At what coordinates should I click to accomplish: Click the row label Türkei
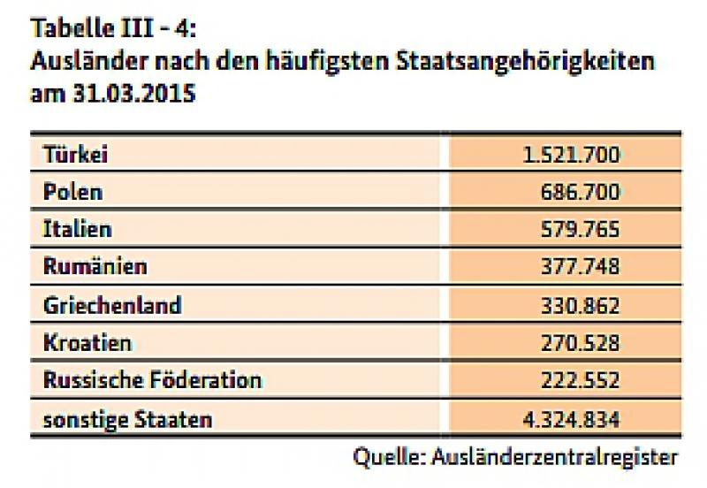(75, 155)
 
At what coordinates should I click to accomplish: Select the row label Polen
(72, 192)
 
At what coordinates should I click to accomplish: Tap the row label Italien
(78, 229)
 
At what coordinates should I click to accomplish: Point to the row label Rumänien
(95, 266)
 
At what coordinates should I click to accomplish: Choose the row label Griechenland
(112, 305)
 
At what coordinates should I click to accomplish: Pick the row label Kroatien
(87, 342)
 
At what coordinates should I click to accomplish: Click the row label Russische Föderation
(152, 380)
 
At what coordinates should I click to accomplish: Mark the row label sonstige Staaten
(127, 418)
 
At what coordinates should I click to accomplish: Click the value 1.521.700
(572, 156)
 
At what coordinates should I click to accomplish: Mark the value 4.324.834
(572, 418)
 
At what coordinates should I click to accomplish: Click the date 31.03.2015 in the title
(132, 94)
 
